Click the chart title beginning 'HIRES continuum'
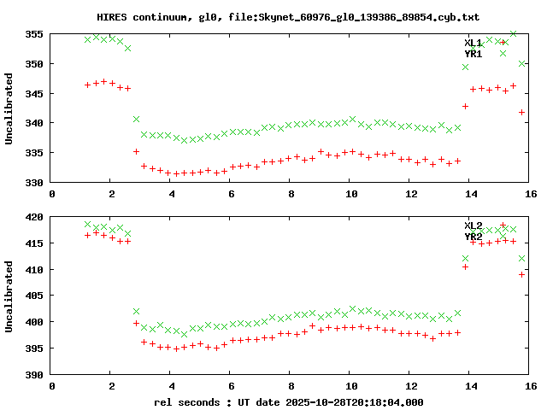[273, 17]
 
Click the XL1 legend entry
[473, 43]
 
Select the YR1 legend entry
[473, 54]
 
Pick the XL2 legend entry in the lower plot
[473, 225]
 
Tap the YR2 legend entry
[473, 237]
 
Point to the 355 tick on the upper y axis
[34, 35]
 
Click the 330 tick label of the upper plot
[34, 183]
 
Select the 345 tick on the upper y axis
[34, 94]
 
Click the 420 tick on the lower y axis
[34, 218]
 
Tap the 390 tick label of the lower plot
[34, 375]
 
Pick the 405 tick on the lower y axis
[34, 296]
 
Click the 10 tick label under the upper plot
[350, 195]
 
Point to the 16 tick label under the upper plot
[531, 195]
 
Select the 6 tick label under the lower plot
[232, 387]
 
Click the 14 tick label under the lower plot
[471, 387]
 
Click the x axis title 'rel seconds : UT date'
[288, 401]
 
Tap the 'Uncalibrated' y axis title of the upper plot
[9, 108]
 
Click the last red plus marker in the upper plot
[521, 112]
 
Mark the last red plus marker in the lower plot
[521, 274]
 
